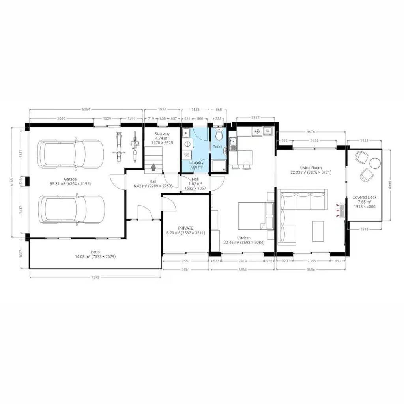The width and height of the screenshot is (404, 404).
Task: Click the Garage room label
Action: click(70, 179)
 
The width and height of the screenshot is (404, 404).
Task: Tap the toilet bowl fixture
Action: click(219, 134)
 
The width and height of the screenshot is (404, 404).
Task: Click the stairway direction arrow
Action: click(153, 167)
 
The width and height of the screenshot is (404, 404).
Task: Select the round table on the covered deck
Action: click(375, 163)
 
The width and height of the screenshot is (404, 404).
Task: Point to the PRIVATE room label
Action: click(186, 228)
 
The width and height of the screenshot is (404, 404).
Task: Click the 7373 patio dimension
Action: click(95, 277)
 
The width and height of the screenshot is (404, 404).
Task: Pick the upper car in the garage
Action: click(71, 154)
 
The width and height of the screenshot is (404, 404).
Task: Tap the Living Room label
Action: click(311, 168)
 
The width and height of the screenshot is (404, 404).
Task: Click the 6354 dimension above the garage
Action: click(86, 110)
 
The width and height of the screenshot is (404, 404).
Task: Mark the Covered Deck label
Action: click(365, 197)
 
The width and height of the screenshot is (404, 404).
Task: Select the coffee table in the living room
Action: click(318, 231)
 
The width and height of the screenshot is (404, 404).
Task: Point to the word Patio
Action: click(95, 252)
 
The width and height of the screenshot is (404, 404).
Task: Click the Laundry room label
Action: click(196, 163)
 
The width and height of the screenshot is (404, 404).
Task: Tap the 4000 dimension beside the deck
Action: click(390, 185)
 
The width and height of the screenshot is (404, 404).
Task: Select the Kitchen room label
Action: click(244, 238)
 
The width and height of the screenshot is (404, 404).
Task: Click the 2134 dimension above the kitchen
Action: click(255, 118)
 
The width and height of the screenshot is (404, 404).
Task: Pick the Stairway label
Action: click(162, 134)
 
